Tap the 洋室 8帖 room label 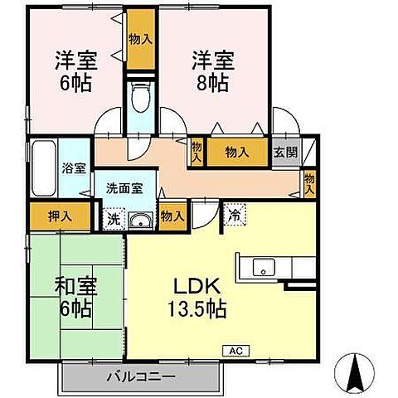pos(213,71)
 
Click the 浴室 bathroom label pos(73,168)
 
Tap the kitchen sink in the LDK pos(265,267)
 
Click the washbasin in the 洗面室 pos(142,221)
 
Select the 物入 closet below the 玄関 pos(309,182)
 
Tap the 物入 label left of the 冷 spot pos(172,216)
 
